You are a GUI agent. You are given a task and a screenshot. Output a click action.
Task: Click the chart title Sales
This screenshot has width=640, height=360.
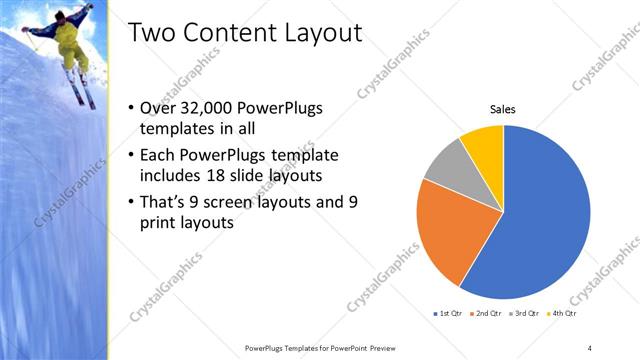tap(502, 109)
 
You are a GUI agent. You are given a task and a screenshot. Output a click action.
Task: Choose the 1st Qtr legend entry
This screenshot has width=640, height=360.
tap(447, 314)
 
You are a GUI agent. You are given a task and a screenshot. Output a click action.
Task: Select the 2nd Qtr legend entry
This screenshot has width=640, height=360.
tap(487, 314)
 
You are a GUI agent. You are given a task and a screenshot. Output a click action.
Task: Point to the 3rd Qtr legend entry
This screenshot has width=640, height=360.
tap(527, 314)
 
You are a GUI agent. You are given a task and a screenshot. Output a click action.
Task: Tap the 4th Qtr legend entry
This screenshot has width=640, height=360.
tap(566, 314)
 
